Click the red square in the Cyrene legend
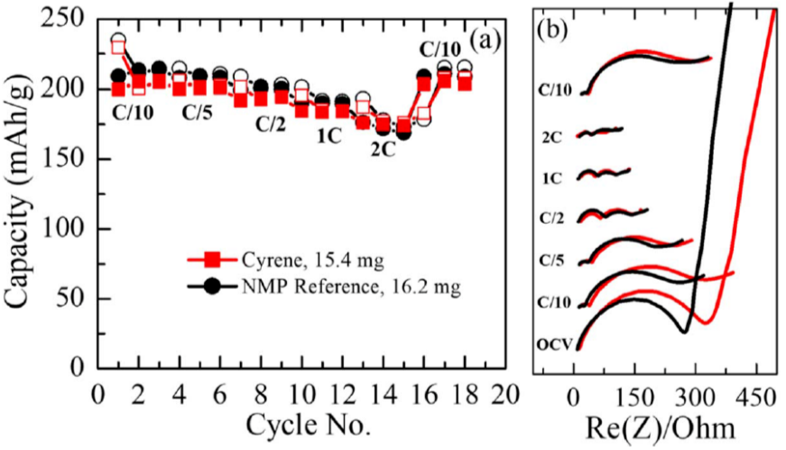click(213, 262)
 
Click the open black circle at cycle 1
click(118, 41)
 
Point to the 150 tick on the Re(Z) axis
click(635, 394)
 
